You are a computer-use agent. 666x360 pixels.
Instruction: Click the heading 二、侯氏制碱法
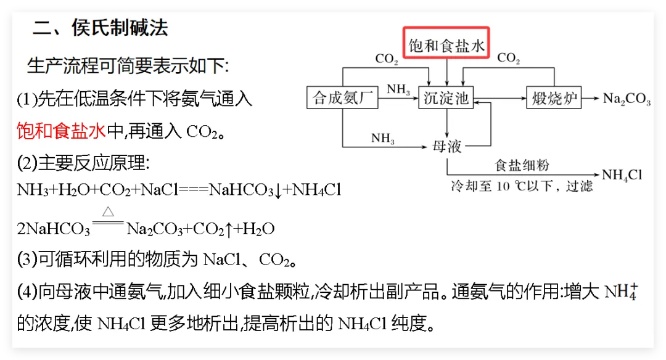click(x=100, y=28)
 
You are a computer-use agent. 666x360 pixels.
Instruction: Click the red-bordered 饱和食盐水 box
click(x=446, y=45)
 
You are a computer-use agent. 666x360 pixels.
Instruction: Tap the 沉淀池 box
click(x=446, y=98)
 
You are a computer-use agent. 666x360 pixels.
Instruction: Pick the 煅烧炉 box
click(x=553, y=98)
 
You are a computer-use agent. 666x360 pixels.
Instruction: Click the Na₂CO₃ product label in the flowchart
click(x=626, y=99)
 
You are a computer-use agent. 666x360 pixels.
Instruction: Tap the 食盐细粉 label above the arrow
click(x=522, y=165)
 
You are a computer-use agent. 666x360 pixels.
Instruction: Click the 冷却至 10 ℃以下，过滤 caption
click(x=522, y=186)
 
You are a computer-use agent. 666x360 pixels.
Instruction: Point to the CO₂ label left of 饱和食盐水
click(x=387, y=59)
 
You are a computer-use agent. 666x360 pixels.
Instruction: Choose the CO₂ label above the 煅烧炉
click(x=508, y=59)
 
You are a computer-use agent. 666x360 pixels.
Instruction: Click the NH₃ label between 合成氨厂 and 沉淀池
click(x=398, y=89)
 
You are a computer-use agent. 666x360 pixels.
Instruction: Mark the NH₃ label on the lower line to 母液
click(x=383, y=138)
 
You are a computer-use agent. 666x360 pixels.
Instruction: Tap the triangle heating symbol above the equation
click(x=108, y=211)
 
